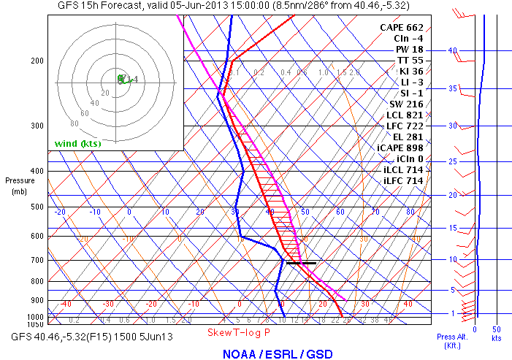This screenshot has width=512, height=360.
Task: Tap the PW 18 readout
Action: (x=408, y=49)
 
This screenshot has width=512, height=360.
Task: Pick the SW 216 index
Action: (x=406, y=104)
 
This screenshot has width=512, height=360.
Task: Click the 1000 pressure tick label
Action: (x=34, y=317)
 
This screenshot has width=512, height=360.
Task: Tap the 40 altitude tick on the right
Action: (x=453, y=50)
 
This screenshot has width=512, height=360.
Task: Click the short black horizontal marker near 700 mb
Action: (x=302, y=262)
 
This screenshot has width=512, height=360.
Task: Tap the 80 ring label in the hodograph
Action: (x=74, y=124)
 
